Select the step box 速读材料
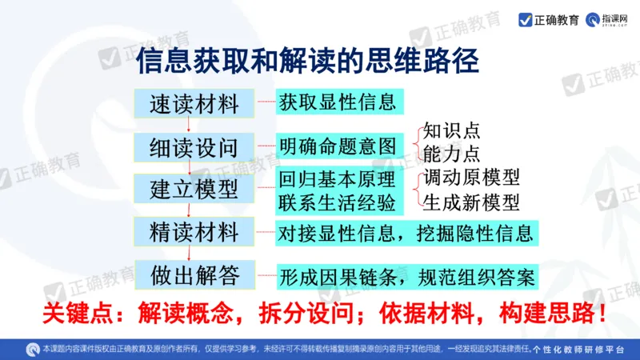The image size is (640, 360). pos(194,103)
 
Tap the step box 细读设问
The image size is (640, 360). pos(194,147)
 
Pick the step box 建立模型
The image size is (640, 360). pos(194,190)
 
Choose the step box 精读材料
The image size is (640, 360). pos(194,233)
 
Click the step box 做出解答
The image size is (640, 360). pos(194,275)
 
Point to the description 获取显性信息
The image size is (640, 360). pos(337,102)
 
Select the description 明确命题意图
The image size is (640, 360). pos(337,147)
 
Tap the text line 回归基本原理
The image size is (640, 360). pos(337,178)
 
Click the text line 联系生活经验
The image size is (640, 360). pos(337,201)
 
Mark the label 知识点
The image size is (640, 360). pos(451,130)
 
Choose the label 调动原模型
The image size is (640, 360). pos(471,177)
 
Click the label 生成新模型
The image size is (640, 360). pos(471,201)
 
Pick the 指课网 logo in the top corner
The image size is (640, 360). pos(610,20)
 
